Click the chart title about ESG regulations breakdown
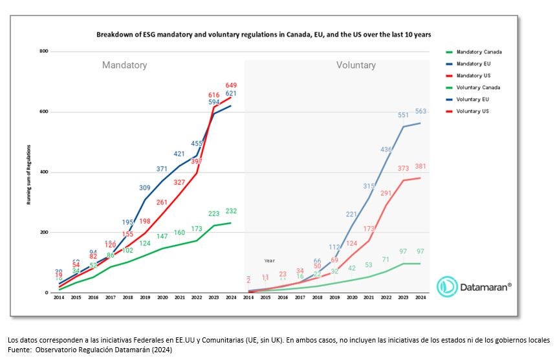tap(263, 34)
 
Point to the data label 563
tap(421, 111)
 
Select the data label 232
tap(232, 211)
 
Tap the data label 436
tap(386, 149)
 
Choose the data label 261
tap(162, 202)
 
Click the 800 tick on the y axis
tap(44, 51)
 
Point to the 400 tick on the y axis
tap(44, 172)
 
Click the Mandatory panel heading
tap(124, 65)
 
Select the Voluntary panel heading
tap(356, 65)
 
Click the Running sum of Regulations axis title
tap(29, 172)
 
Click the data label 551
tap(404, 115)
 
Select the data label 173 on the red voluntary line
tap(369, 229)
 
